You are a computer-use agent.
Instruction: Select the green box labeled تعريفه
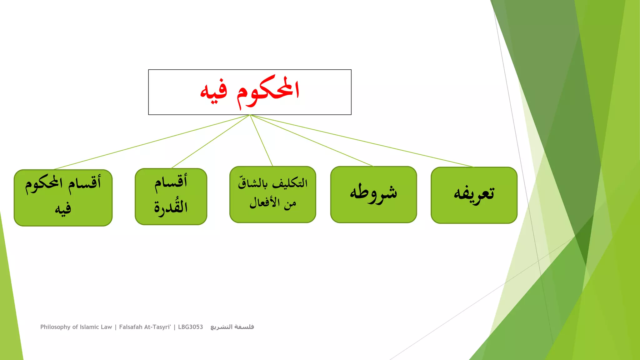[474, 195]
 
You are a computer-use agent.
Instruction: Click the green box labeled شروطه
[373, 194]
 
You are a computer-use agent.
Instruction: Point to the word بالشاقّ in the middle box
[253, 183]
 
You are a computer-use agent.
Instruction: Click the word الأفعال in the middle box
[264, 203]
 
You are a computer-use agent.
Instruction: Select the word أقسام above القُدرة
[171, 182]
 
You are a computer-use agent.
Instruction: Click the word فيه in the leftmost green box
[63, 209]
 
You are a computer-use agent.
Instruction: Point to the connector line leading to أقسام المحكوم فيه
[152, 142]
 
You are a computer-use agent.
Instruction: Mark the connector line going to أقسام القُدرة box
[210, 142]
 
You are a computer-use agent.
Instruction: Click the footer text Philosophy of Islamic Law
[76, 327]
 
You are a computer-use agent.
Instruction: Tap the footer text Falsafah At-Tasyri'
[145, 327]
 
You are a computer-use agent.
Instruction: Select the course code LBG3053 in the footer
[190, 327]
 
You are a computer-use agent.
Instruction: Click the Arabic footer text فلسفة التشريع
[232, 327]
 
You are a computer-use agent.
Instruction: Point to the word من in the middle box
[290, 204]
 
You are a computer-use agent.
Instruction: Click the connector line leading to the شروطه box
[312, 140]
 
